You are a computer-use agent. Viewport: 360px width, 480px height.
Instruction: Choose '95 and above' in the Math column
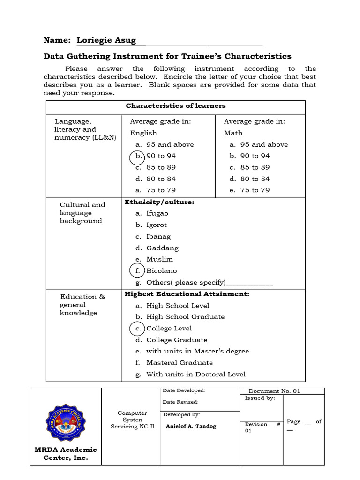click(x=264, y=145)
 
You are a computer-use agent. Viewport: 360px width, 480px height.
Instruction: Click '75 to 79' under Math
click(x=255, y=190)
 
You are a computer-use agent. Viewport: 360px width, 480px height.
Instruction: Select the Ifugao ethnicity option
click(x=157, y=214)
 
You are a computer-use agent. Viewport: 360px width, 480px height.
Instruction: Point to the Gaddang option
click(x=162, y=248)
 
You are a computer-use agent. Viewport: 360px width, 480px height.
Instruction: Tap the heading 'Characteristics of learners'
click(x=175, y=106)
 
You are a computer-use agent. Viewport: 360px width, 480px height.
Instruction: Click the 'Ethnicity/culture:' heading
click(x=159, y=202)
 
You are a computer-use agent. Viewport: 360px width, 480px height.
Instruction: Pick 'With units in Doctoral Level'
click(x=195, y=374)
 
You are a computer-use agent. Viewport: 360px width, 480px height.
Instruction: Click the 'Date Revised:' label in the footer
click(x=180, y=402)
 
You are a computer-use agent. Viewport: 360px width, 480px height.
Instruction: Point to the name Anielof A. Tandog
click(x=191, y=427)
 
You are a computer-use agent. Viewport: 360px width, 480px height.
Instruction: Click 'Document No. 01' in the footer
click(x=274, y=391)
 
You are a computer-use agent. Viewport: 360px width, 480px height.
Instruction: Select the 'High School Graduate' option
click(x=185, y=317)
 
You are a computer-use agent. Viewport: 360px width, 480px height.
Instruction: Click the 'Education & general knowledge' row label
click(x=79, y=305)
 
